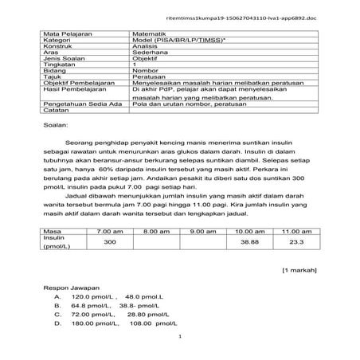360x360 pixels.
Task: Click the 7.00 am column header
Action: click(x=110, y=230)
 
